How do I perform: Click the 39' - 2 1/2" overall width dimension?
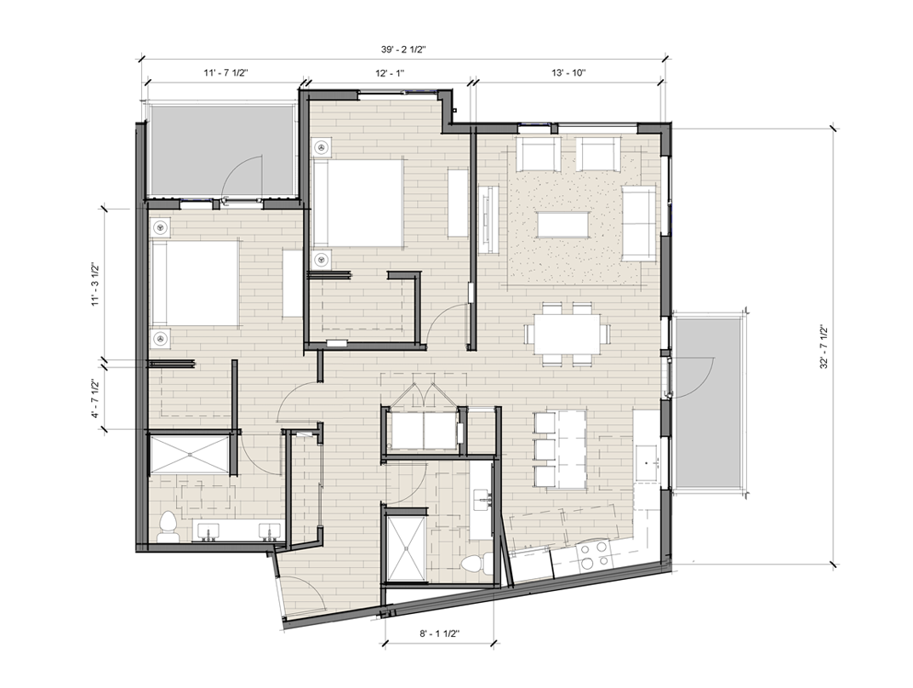click(x=403, y=50)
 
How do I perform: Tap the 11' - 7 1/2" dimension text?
click(x=226, y=73)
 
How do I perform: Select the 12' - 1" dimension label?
click(x=390, y=73)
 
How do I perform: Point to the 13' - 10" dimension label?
click(x=568, y=73)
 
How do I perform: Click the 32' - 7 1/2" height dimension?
click(x=824, y=346)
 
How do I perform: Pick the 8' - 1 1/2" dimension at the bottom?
click(x=440, y=634)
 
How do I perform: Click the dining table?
click(x=568, y=334)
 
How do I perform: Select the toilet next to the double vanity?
click(x=168, y=527)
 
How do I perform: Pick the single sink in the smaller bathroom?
click(x=482, y=499)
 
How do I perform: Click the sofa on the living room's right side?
click(x=638, y=223)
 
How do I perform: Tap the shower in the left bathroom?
click(x=189, y=453)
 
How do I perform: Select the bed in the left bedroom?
click(x=195, y=284)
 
